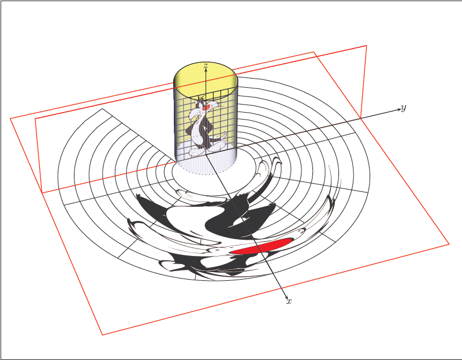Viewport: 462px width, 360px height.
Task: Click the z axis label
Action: point(206,66)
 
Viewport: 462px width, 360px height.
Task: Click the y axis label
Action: point(403,108)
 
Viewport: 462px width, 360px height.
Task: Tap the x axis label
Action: point(289,302)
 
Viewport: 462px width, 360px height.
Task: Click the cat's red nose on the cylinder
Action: point(206,107)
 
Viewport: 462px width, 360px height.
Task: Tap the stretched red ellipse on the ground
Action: point(259,247)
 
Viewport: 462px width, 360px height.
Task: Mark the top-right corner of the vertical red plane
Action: point(366,45)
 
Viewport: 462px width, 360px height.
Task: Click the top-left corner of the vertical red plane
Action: point(35,118)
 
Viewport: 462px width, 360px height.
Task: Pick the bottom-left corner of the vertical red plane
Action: point(42,193)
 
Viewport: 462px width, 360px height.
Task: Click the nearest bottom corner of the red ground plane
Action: point(102,335)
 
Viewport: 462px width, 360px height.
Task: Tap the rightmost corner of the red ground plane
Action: point(449,244)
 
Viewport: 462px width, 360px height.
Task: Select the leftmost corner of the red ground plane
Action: point(10,118)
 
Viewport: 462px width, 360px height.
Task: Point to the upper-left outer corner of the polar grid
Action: point(102,109)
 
